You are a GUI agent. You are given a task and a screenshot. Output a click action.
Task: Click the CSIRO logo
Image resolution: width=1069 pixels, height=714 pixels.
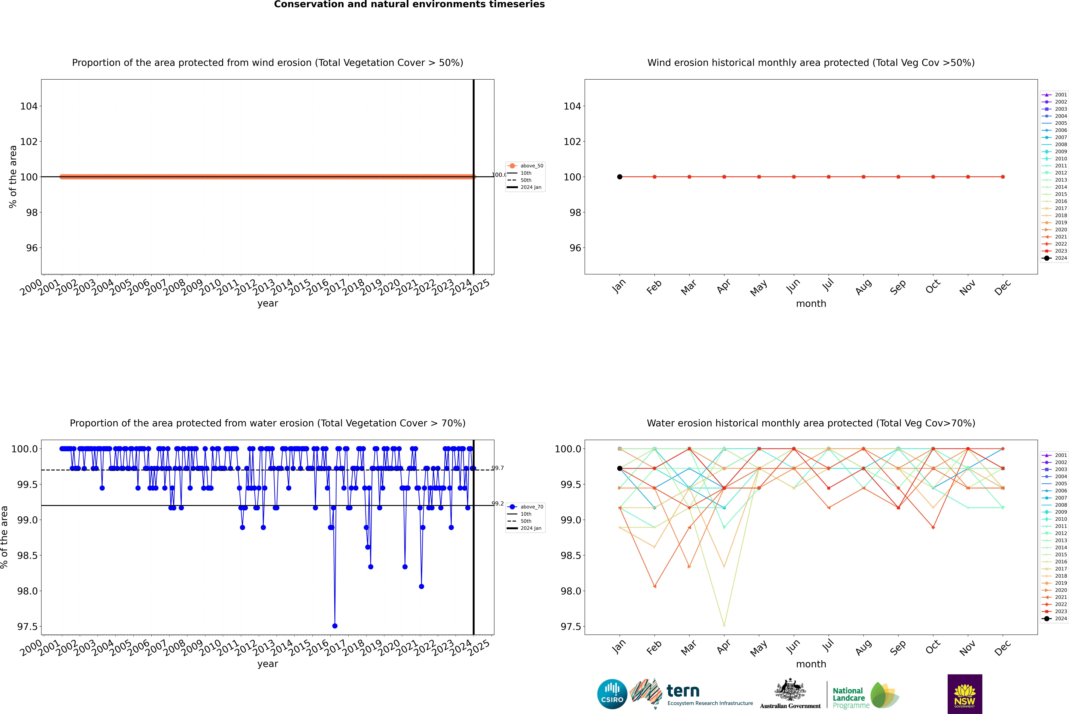pos(612,694)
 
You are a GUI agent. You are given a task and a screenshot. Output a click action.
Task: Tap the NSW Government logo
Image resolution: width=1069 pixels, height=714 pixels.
pos(965,694)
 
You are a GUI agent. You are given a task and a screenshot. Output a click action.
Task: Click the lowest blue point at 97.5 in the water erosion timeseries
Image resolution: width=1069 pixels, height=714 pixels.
pos(335,626)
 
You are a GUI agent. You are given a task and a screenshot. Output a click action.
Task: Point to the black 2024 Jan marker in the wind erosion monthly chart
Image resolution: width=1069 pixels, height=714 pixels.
pos(620,177)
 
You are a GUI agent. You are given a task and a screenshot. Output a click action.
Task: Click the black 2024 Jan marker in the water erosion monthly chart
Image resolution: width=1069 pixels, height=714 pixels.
pos(620,468)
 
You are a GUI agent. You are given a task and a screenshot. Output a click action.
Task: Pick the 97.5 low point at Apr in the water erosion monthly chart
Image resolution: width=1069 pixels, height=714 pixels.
pos(724,625)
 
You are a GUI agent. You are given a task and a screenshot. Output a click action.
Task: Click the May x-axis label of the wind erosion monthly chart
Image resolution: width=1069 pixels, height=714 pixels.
pos(759,288)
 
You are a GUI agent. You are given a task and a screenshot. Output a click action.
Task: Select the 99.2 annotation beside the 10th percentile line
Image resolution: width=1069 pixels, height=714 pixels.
pos(498,504)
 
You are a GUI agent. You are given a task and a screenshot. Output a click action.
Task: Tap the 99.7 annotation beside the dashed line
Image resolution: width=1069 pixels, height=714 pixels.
pos(498,468)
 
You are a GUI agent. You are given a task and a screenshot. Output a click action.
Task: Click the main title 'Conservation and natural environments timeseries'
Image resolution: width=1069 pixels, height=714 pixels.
pos(409,5)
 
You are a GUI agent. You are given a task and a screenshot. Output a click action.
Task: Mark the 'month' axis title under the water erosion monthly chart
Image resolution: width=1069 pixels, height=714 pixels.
pos(811,664)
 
